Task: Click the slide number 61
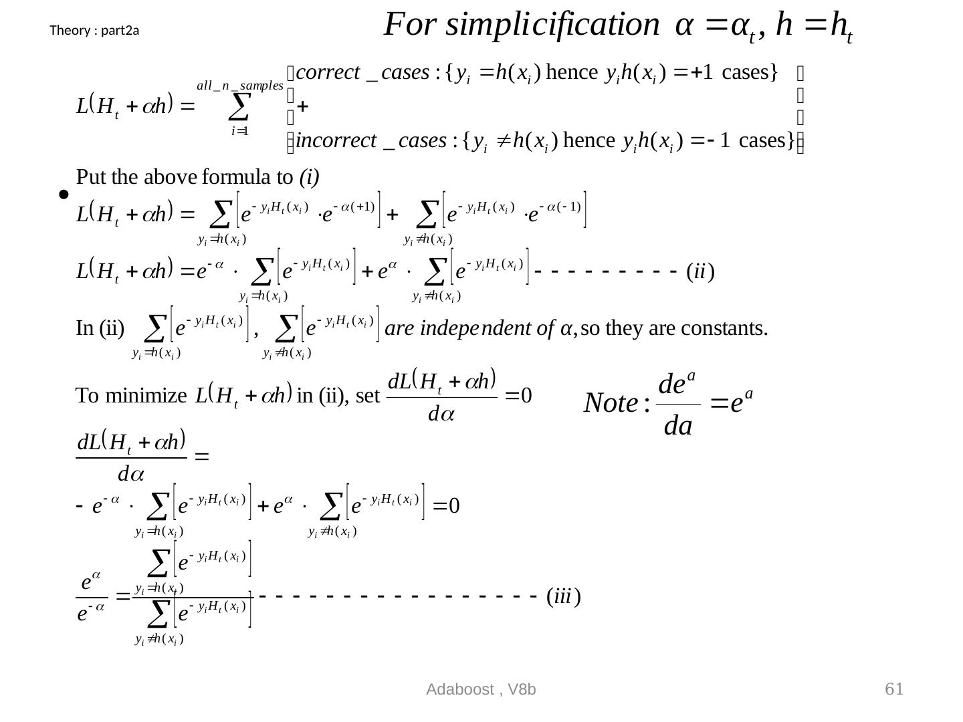point(894,689)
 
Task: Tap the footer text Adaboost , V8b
point(481,690)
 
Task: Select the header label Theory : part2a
point(94,30)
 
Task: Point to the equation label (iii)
point(562,596)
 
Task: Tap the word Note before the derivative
point(611,403)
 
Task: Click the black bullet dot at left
point(63,195)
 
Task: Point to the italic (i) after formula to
point(309,177)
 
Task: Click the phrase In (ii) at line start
point(100,329)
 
